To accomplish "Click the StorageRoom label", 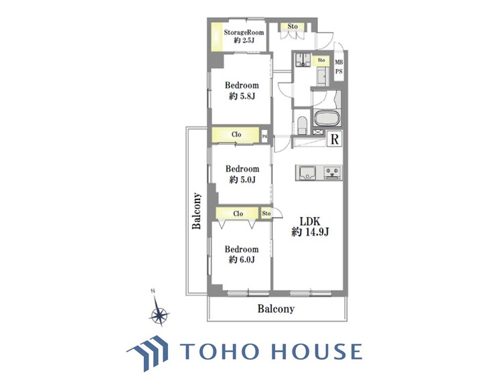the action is pyautogui.click(x=244, y=32).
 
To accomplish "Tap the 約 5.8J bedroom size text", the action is pyautogui.click(x=242, y=96).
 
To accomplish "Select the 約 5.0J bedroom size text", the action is pyautogui.click(x=242, y=179).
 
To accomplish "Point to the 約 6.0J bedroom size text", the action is pyautogui.click(x=242, y=260).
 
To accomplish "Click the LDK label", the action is pyautogui.click(x=310, y=221).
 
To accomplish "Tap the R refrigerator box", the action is pyautogui.click(x=335, y=139).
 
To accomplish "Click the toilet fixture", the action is pyautogui.click(x=303, y=125).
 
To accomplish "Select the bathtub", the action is pyautogui.click(x=327, y=119).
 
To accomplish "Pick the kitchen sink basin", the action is pyautogui.click(x=307, y=173).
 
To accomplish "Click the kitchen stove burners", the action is pyautogui.click(x=333, y=173).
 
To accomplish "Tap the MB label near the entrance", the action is pyautogui.click(x=339, y=62).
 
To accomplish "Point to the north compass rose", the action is pyautogui.click(x=159, y=313).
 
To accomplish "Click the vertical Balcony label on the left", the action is pyautogui.click(x=197, y=211).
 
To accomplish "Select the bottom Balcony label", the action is pyautogui.click(x=276, y=309).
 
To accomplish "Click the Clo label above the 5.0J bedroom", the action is pyautogui.click(x=236, y=135).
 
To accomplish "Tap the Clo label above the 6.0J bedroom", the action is pyautogui.click(x=238, y=214).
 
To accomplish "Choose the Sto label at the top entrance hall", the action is pyautogui.click(x=292, y=26).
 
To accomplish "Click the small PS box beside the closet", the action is pyautogui.click(x=265, y=136).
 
